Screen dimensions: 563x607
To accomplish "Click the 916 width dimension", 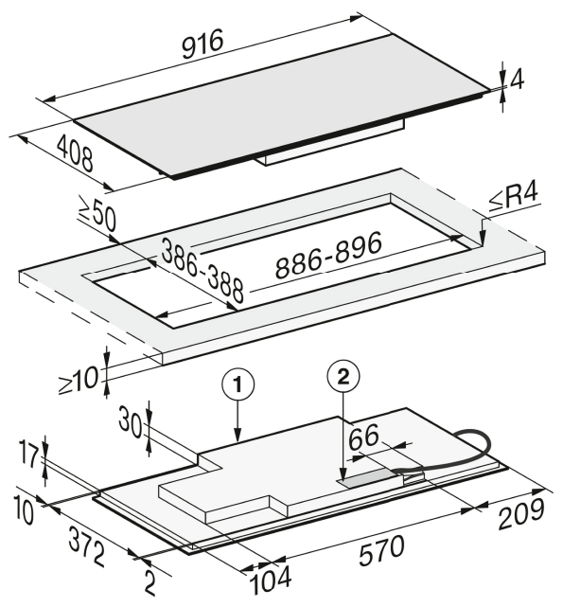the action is click(x=202, y=44).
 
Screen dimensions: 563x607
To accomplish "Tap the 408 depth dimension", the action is click(x=76, y=155).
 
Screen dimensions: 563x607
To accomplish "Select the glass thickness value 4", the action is click(x=518, y=80).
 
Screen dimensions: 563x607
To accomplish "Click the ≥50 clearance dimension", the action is click(x=97, y=216).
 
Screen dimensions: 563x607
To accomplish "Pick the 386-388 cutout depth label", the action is click(x=202, y=270).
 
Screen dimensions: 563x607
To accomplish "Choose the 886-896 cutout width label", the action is click(x=328, y=257).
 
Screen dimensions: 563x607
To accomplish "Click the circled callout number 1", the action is click(x=238, y=386).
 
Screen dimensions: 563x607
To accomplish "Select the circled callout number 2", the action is click(x=343, y=377).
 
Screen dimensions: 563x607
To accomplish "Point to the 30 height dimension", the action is click(x=130, y=421).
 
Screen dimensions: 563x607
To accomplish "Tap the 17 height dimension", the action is click(x=29, y=456).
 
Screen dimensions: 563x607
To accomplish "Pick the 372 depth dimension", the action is click(x=87, y=546).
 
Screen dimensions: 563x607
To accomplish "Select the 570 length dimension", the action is click(x=381, y=550).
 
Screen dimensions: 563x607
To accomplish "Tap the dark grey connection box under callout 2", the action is click(x=370, y=477).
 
